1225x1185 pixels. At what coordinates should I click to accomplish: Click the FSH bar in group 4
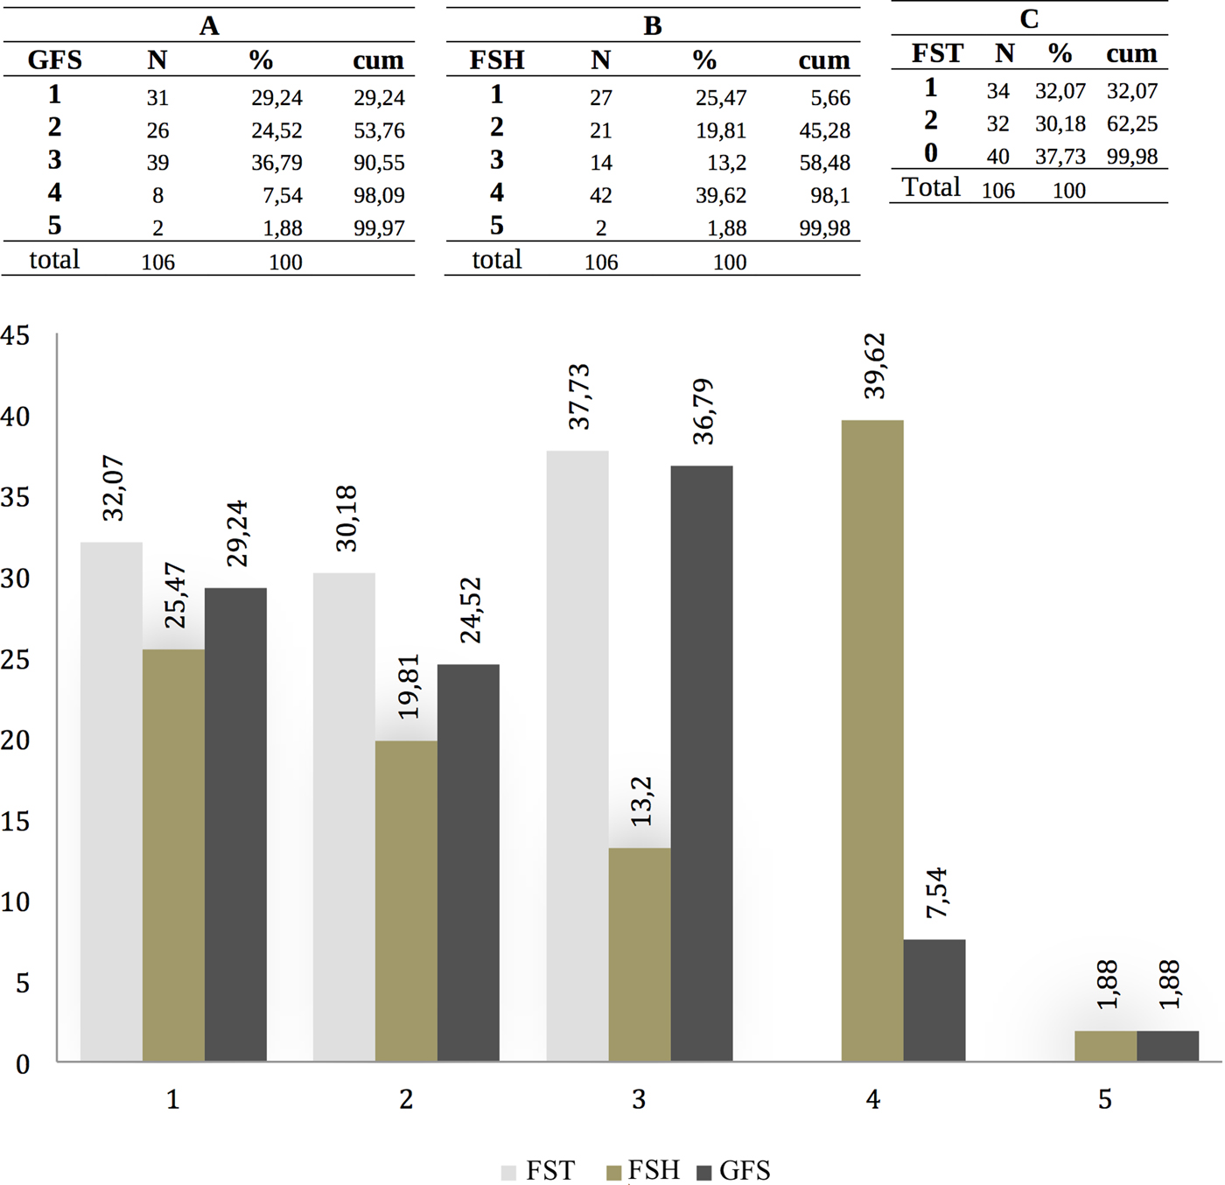[871, 740]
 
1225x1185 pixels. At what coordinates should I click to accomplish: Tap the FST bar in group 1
[111, 802]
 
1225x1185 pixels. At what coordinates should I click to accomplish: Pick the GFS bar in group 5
[1167, 1046]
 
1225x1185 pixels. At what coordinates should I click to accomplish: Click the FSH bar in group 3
[640, 954]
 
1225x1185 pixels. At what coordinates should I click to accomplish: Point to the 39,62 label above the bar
[874, 366]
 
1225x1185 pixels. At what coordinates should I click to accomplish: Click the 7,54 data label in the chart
[935, 893]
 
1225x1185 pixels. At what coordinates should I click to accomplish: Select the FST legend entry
[538, 1171]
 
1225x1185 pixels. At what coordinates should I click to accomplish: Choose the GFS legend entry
[733, 1171]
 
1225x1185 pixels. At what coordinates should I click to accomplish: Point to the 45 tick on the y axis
[16, 336]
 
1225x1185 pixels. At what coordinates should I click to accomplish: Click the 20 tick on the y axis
[16, 740]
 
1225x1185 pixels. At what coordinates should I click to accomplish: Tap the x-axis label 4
[872, 1099]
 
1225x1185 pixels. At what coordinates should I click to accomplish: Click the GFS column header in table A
[55, 60]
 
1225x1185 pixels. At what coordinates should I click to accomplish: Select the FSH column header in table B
[497, 60]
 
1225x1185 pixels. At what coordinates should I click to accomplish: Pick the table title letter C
[1029, 19]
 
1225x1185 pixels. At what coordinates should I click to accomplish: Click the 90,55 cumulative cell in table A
[379, 163]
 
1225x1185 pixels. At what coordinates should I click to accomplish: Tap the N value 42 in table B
[600, 195]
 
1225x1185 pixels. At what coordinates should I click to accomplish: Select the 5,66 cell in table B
[829, 98]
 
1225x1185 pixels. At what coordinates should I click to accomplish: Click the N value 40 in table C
[997, 157]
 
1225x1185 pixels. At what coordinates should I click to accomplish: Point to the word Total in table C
[931, 187]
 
